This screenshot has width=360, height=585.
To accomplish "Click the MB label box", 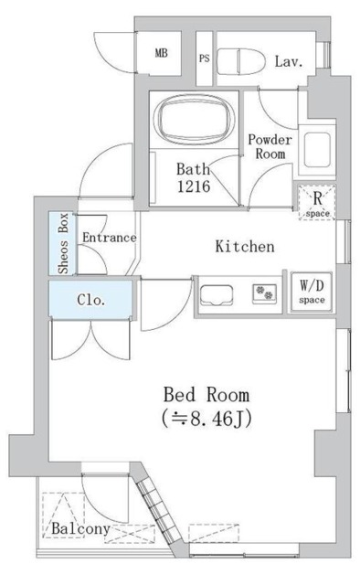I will pyautogui.click(x=162, y=54).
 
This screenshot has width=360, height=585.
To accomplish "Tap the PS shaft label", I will pyautogui.click(x=204, y=57).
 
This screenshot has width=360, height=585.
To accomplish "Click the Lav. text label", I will pyautogui.click(x=289, y=62).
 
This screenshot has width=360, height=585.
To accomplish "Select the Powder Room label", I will pyautogui.click(x=270, y=146).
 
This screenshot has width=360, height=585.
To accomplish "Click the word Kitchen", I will pyautogui.click(x=244, y=247).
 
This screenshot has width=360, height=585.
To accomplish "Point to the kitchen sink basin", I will pyautogui.click(x=217, y=295).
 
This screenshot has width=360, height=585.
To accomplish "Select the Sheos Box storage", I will pyautogui.click(x=63, y=243).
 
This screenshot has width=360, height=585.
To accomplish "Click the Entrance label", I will pyautogui.click(x=108, y=238).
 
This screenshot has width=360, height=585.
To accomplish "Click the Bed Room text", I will pyautogui.click(x=206, y=395).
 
